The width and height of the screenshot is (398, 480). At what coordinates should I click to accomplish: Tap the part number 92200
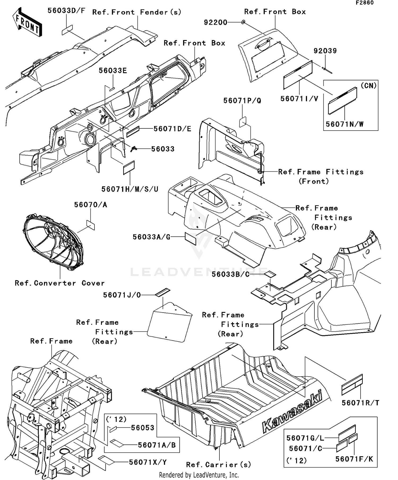[x=215, y=22]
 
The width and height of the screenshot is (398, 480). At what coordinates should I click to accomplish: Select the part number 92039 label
[x=325, y=51]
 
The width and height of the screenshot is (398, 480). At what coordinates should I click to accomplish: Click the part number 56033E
[x=113, y=71]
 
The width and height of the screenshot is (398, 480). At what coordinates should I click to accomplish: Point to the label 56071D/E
[x=172, y=129]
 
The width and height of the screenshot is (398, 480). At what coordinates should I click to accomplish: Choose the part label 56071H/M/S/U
[x=130, y=189]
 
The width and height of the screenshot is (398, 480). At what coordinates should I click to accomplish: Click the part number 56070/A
[x=90, y=205]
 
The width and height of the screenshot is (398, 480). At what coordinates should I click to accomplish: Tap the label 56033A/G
[x=152, y=237]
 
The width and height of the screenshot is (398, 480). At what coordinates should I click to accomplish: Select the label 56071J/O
[x=122, y=295]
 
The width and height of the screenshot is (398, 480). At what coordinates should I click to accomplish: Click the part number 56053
[x=142, y=427]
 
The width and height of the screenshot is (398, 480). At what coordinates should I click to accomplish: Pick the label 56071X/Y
[x=148, y=462]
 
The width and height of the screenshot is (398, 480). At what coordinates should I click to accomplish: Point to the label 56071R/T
[x=360, y=403]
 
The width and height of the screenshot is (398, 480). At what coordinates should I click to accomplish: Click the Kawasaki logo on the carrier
[x=292, y=414]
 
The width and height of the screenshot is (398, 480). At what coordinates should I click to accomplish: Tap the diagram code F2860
[x=365, y=3]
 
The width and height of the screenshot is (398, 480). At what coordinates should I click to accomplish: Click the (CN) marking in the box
[x=369, y=86]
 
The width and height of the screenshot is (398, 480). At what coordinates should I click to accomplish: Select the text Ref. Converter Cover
[x=60, y=283]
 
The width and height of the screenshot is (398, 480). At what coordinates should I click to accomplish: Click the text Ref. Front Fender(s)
[x=137, y=12]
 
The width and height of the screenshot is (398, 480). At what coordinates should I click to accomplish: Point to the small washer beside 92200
[x=243, y=22]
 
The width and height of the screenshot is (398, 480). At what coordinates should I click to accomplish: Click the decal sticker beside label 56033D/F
[x=67, y=30]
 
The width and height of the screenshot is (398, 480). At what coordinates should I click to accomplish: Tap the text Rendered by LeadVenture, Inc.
[x=199, y=475]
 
